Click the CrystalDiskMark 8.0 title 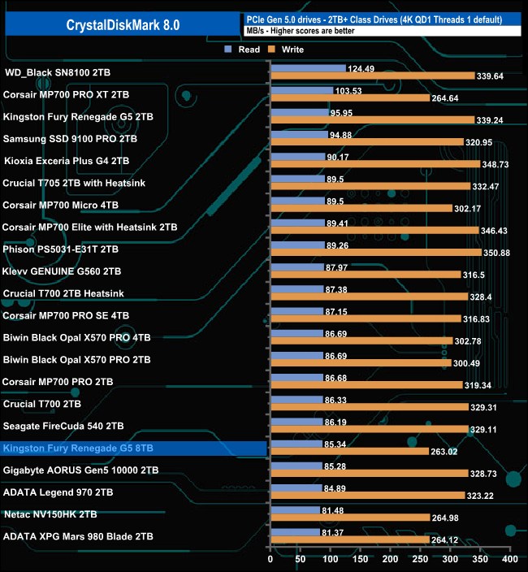123,24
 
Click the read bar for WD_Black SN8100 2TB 308,68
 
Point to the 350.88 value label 496,253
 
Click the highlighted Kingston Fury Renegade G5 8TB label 78,448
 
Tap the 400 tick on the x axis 509,560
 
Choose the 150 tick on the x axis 360,560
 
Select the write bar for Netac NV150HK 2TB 349,518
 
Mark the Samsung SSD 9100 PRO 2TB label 70,139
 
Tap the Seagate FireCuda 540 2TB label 63,426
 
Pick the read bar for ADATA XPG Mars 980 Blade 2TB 295,532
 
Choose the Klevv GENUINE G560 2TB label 63,271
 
